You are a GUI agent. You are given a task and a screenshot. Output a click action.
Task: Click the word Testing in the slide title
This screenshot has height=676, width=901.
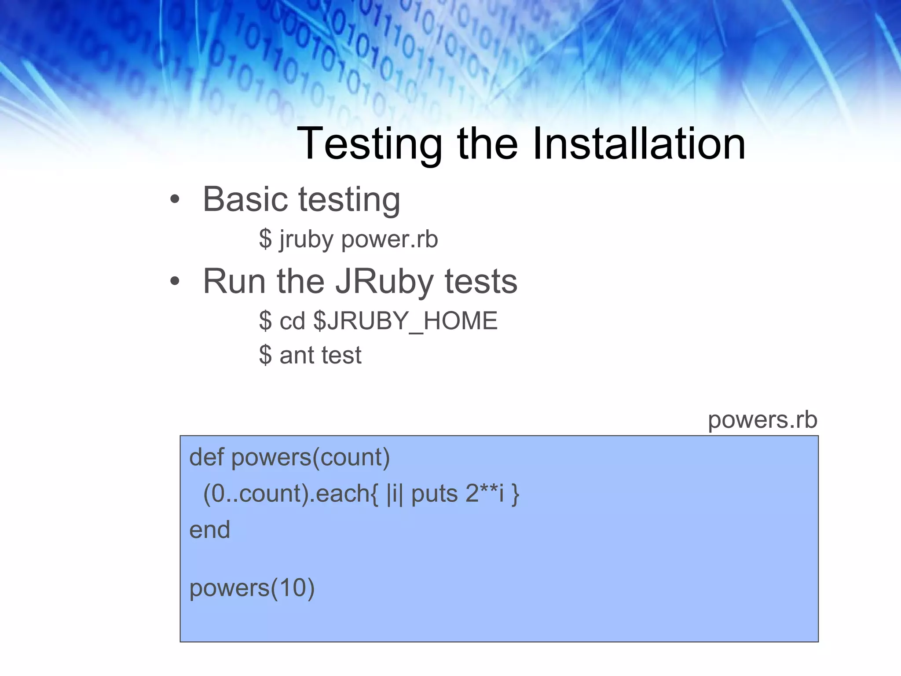[x=370, y=144]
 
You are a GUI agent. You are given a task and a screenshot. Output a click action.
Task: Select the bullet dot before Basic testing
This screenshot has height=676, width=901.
[x=175, y=199]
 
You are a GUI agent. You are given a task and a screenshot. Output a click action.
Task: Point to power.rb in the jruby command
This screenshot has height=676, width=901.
[x=389, y=240]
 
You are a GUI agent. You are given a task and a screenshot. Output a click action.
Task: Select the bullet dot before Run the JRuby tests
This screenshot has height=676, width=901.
[x=175, y=281]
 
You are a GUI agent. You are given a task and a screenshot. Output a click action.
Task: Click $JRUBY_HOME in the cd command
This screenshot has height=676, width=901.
[x=405, y=321]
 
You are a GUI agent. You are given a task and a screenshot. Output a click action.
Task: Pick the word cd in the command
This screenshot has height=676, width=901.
[x=292, y=321]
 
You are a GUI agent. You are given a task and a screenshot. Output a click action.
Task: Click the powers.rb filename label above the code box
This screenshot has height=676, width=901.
[x=762, y=420]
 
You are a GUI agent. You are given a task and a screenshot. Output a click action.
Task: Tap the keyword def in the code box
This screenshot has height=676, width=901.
[x=206, y=457]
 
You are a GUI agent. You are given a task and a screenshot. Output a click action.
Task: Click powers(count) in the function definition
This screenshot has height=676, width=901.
[x=311, y=457]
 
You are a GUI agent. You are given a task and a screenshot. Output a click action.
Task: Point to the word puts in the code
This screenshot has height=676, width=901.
[x=435, y=493]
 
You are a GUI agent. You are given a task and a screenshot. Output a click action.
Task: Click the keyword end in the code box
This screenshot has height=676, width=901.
[x=209, y=529]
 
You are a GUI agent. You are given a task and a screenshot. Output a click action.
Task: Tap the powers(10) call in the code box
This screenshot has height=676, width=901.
[x=252, y=588]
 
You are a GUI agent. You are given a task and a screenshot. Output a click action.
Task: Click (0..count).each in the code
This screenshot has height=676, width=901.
[x=286, y=493]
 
